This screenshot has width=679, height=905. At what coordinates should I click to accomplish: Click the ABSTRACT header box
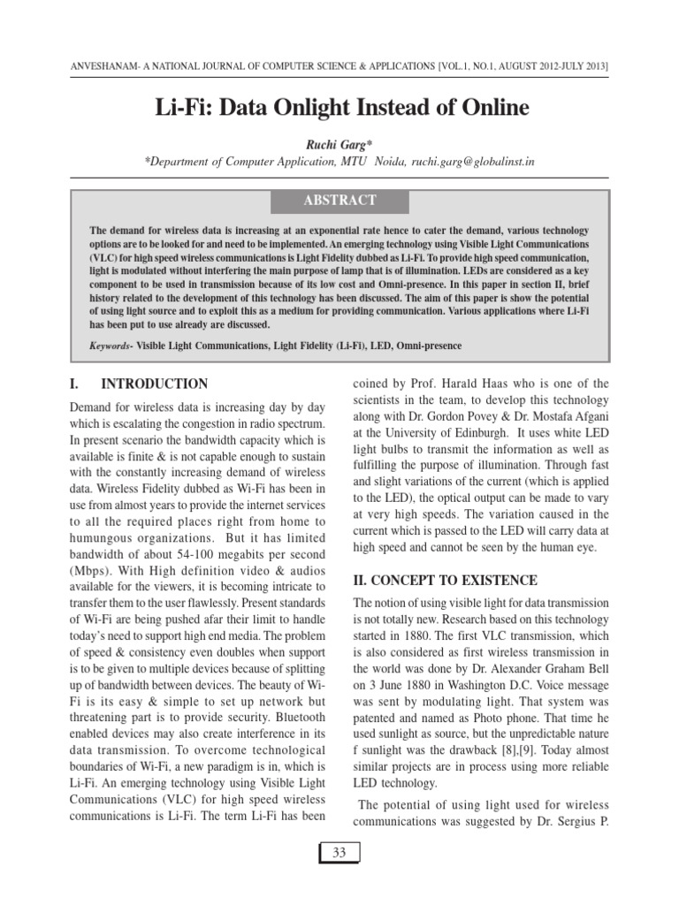(339, 201)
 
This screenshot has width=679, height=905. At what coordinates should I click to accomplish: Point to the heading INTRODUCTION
(155, 384)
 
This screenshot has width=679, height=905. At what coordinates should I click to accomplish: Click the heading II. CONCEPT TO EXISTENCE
(445, 580)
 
